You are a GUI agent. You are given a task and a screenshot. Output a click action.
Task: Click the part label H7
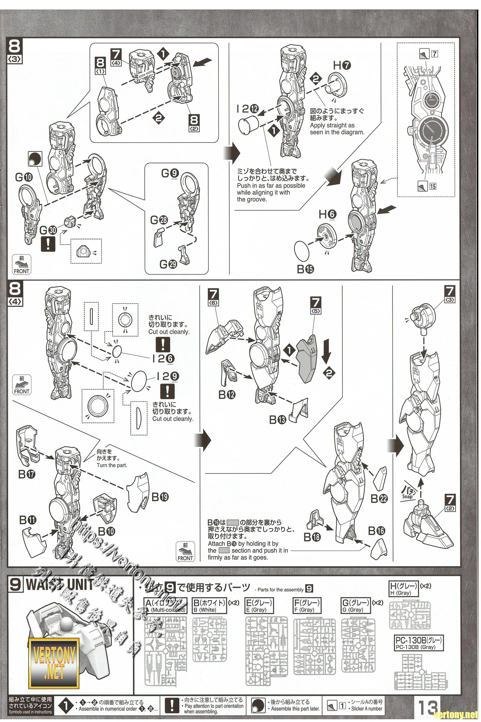(342, 65)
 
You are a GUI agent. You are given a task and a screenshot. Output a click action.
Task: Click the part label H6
(327, 215)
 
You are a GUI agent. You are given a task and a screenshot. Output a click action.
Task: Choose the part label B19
(160, 497)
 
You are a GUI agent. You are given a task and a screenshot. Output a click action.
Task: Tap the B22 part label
(379, 499)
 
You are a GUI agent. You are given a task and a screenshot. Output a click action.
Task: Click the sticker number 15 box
(433, 186)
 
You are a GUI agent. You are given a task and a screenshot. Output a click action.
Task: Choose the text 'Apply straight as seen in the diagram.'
(337, 129)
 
